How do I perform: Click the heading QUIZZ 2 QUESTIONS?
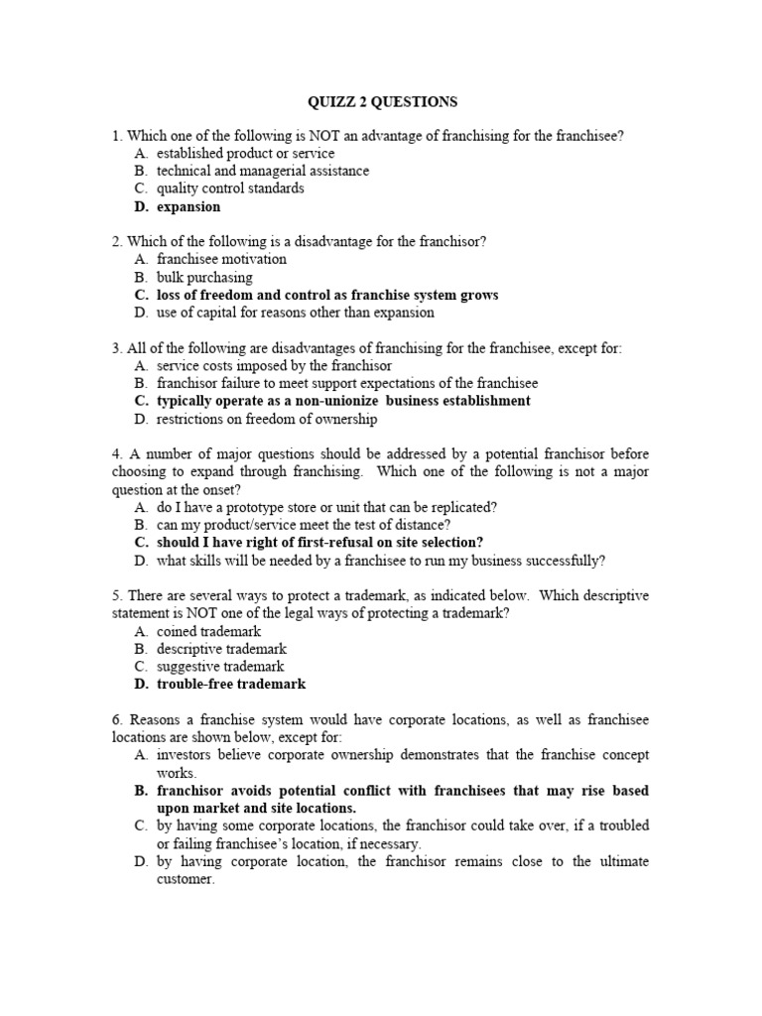coord(380,101)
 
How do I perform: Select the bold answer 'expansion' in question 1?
coord(189,207)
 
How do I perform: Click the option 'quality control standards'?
coord(230,189)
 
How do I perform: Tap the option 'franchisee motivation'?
coord(221,259)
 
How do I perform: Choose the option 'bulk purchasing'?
coord(204,278)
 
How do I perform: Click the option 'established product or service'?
coord(245,154)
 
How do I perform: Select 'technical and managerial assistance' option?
coord(263,171)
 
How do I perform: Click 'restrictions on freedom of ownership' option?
coord(267,420)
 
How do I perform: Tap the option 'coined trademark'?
coord(209,631)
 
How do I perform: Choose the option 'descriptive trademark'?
coord(220,649)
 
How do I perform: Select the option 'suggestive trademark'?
coord(220,667)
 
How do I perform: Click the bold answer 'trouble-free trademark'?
coord(231,685)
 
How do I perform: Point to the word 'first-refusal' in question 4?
coord(327,543)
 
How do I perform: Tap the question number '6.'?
coord(117,719)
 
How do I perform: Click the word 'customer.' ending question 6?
coord(186,879)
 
